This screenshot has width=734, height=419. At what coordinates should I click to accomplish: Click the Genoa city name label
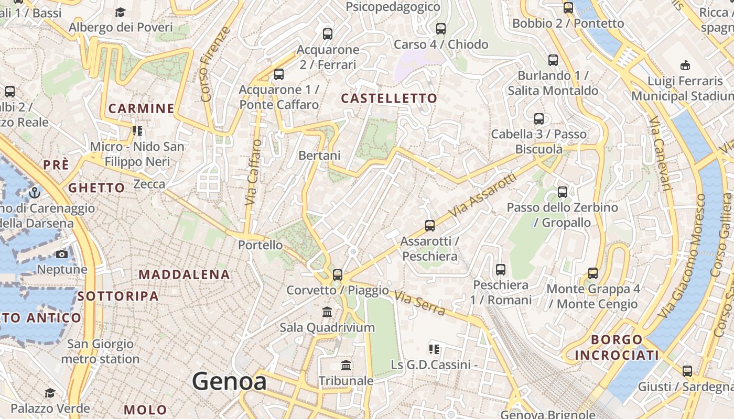tap(229, 381)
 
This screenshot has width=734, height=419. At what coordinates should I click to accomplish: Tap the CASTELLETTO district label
tap(388, 98)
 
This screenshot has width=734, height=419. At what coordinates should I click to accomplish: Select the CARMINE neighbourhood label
tap(141, 108)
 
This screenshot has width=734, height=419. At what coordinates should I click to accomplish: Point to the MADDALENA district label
tap(184, 274)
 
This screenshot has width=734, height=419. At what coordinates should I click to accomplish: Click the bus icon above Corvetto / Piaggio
tap(338, 274)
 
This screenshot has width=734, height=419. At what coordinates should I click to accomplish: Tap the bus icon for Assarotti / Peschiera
tap(430, 226)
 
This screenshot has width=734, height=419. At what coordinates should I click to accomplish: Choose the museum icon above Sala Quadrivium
tap(328, 312)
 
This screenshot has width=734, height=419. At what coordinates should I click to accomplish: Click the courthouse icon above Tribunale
tap(346, 365)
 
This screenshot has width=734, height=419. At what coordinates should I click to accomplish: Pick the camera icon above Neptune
tap(62, 255)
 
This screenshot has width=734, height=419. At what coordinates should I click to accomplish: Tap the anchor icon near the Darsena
tap(35, 192)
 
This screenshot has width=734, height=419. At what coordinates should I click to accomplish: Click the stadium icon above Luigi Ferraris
tap(685, 65)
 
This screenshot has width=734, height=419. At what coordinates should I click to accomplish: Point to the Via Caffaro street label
tap(254, 172)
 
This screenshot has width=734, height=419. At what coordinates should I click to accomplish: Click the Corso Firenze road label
tap(214, 64)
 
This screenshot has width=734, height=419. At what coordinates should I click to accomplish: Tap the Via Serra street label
tap(420, 304)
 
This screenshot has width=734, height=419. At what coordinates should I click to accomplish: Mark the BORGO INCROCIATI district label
tap(617, 347)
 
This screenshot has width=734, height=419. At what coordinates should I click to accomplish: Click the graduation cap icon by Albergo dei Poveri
tap(121, 12)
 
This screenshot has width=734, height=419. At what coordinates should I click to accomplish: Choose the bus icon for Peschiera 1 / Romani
tap(501, 270)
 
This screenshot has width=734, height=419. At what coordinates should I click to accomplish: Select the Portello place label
tap(260, 245)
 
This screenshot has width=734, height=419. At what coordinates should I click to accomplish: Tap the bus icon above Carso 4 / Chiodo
tap(441, 29)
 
